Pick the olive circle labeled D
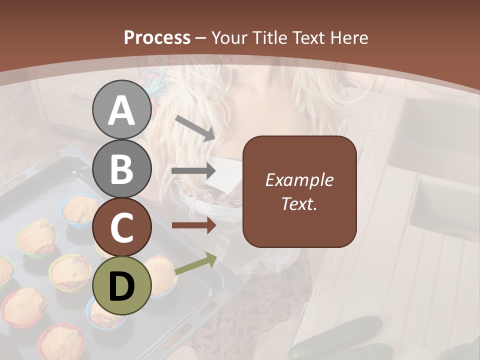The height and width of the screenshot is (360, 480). click(121, 285)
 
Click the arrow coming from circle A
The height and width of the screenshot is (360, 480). click(195, 128)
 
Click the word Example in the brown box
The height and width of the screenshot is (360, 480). click(299, 180)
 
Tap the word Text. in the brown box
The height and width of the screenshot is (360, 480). click(299, 203)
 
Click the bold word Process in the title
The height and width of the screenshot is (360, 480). click(157, 37)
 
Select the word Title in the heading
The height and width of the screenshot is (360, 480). click(269, 37)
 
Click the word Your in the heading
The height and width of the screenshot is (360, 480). click(229, 37)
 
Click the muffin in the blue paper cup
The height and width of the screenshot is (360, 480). click(80, 210)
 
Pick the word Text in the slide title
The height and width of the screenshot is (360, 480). click(308, 37)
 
